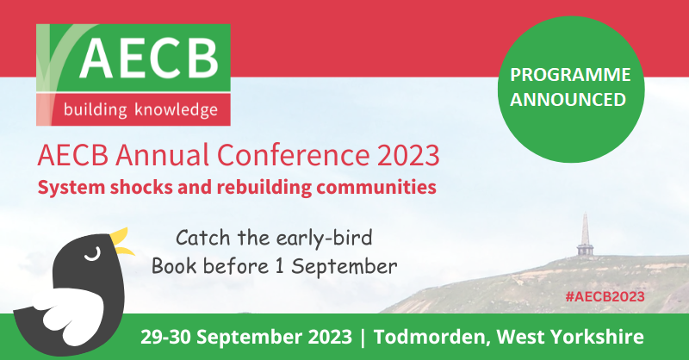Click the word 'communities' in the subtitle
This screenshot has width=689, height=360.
click(377, 185)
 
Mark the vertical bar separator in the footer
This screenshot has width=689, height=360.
click(363, 337)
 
